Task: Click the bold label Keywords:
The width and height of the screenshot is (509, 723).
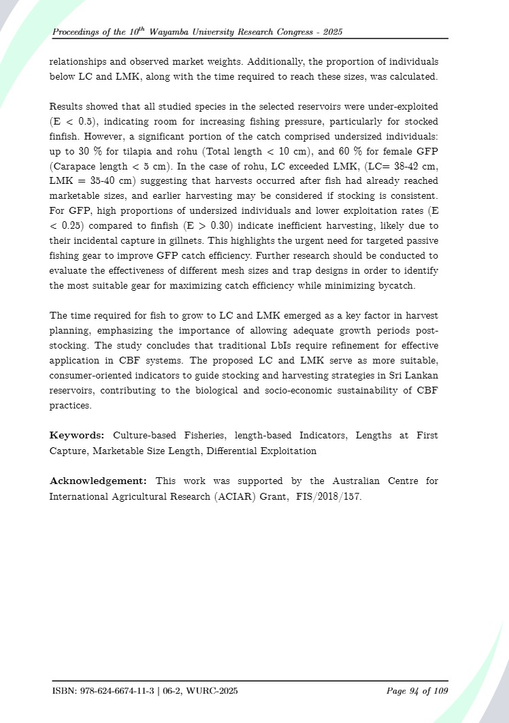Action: click(x=77, y=435)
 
